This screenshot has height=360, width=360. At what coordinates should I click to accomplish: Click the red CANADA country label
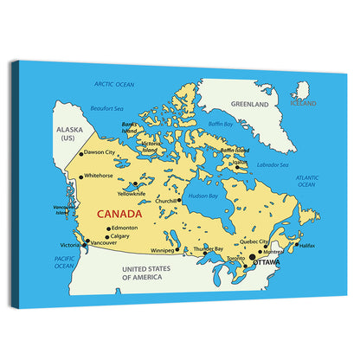(x=120, y=212)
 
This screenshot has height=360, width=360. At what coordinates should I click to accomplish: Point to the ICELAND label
(x=303, y=103)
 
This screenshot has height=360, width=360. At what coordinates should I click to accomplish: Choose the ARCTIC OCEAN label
(x=114, y=84)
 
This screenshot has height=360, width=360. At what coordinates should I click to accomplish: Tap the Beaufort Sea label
(x=108, y=108)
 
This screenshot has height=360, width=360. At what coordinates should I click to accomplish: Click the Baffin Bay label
(x=222, y=124)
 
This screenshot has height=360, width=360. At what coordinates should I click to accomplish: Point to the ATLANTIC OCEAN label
(x=307, y=181)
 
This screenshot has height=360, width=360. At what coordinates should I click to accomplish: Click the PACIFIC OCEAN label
(x=65, y=262)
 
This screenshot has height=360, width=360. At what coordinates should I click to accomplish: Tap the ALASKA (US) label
(x=68, y=133)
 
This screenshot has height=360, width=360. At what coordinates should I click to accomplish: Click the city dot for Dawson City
(x=80, y=154)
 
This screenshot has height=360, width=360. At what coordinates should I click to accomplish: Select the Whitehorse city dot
(x=81, y=177)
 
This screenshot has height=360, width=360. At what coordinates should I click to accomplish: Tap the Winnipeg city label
(x=163, y=251)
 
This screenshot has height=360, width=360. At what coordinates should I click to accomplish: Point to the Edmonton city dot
(x=107, y=229)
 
